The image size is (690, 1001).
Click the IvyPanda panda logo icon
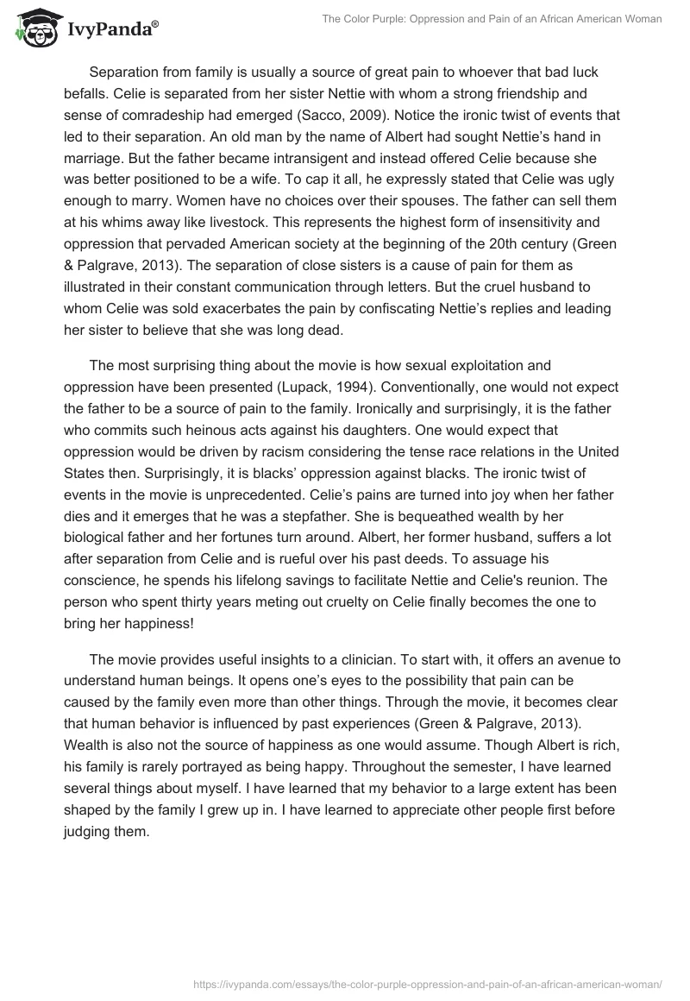[x=34, y=28]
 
